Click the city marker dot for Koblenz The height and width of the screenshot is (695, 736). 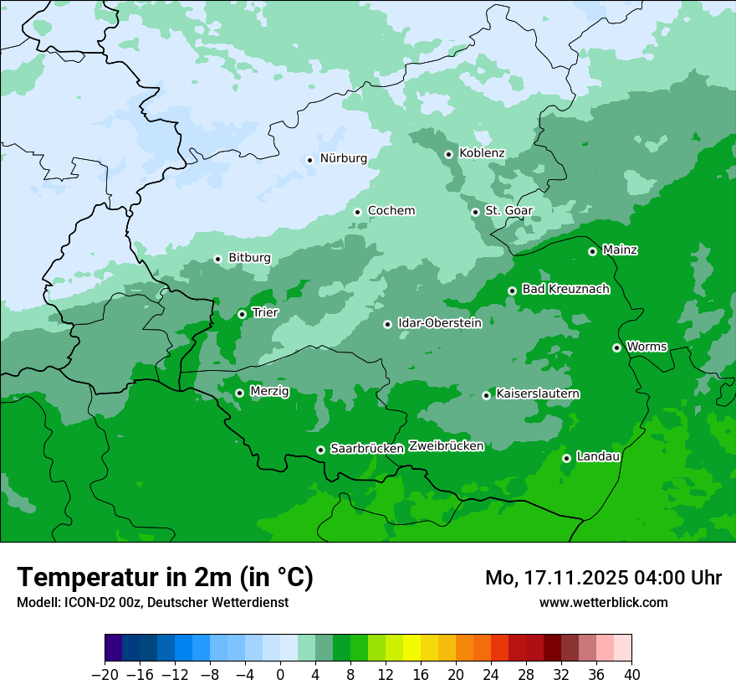(449, 154)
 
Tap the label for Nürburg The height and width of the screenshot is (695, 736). (343, 158)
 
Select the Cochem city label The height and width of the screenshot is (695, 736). (391, 211)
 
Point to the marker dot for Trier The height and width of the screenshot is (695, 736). (242, 314)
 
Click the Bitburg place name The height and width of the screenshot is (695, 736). (249, 258)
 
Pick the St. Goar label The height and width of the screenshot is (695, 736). (509, 211)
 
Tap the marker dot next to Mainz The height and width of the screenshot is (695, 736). (592, 251)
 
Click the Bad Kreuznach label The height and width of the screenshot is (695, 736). (565, 290)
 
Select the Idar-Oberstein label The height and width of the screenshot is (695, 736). (439, 323)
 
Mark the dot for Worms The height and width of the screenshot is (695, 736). (616, 347)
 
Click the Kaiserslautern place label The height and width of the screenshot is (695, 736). (538, 394)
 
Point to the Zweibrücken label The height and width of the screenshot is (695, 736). (446, 446)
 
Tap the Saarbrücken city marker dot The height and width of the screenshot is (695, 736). (320, 450)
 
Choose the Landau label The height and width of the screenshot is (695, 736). (598, 457)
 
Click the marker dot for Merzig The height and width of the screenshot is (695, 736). (239, 393)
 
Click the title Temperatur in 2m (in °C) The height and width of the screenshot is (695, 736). (165, 578)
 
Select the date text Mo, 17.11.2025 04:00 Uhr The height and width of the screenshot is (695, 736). (603, 578)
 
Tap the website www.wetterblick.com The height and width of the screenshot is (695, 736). (603, 602)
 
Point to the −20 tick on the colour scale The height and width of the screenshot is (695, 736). (105, 675)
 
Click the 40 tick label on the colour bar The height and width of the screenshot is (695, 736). (631, 675)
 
